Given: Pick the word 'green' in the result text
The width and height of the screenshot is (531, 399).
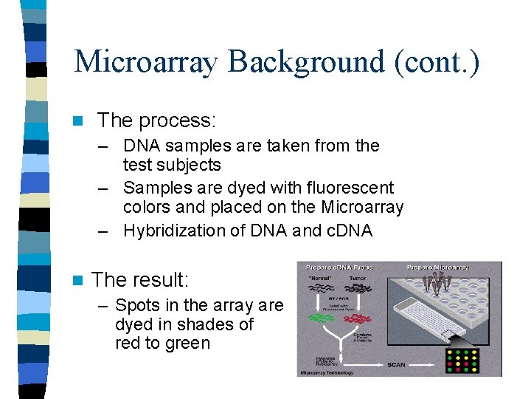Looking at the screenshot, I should click(x=190, y=344).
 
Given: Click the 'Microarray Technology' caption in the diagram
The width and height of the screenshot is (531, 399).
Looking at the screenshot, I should click(x=327, y=373).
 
